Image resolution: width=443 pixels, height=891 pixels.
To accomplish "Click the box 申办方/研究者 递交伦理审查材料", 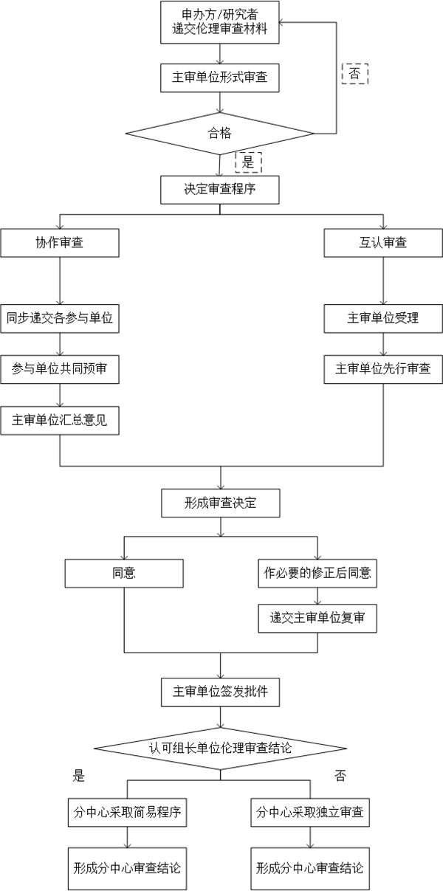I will tap(219, 23).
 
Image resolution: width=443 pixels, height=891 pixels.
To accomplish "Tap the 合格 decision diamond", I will tap(219, 134).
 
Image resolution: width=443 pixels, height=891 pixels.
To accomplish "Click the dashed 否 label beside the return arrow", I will tap(354, 75).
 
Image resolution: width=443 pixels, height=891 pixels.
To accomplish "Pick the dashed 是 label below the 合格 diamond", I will tap(248, 160).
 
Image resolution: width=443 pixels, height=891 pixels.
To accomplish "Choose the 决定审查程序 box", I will tap(219, 188).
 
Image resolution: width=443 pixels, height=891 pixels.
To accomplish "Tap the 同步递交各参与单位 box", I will tap(59, 318).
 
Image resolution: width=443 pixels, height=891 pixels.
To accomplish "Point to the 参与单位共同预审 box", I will tap(59, 368).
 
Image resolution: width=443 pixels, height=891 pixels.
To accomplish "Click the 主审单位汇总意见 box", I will tap(59, 419).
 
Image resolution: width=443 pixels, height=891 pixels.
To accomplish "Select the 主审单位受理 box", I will tap(383, 318).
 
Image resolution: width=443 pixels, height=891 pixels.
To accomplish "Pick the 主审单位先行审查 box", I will tap(383, 368).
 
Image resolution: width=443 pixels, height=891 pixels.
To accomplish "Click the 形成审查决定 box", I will tap(219, 503).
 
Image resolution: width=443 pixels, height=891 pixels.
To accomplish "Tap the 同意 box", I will tap(124, 572).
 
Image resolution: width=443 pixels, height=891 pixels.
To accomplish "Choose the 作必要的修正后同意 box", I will tap(317, 572).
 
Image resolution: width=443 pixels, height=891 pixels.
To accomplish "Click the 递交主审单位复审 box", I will tap(317, 618).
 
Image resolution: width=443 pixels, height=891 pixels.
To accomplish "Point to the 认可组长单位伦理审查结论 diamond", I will tap(219, 749).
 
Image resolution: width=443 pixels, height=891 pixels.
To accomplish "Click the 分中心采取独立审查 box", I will tap(309, 813).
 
